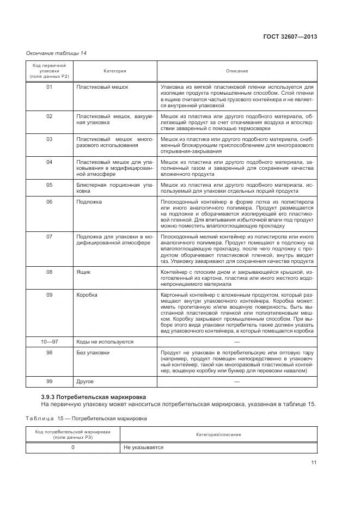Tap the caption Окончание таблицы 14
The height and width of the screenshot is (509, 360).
click(x=56, y=53)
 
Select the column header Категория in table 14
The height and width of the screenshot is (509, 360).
click(x=115, y=71)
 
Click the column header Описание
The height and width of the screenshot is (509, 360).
click(x=237, y=71)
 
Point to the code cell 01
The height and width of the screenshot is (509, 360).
click(x=49, y=87)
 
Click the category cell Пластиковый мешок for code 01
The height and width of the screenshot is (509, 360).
click(x=102, y=87)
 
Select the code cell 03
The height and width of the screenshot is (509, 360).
click(x=49, y=139)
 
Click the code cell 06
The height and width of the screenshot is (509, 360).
click(x=49, y=201)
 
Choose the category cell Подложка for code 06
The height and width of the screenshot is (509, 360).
click(x=89, y=201)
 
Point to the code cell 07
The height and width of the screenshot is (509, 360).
click(x=49, y=237)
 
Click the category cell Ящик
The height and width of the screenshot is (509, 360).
click(x=84, y=271)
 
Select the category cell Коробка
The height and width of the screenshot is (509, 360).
click(x=87, y=295)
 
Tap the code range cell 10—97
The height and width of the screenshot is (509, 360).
click(x=49, y=341)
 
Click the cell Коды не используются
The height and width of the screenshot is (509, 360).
click(x=105, y=341)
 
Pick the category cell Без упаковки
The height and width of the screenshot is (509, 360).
click(x=93, y=353)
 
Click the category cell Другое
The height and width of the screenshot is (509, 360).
click(x=86, y=382)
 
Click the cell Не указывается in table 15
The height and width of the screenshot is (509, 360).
click(x=143, y=447)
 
